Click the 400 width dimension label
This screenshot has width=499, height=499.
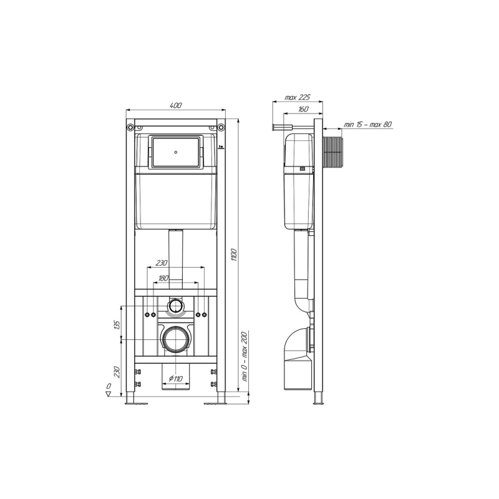(176, 105)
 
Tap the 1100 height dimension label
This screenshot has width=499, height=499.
(234, 255)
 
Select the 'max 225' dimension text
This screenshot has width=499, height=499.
(298, 97)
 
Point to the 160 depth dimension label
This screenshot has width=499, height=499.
(303, 109)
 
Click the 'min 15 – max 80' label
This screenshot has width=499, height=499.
(367, 124)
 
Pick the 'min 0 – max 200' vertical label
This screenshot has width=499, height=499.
(245, 356)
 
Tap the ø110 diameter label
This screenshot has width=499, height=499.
(176, 379)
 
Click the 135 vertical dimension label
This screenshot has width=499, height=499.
(117, 325)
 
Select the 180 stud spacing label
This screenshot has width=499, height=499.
(163, 278)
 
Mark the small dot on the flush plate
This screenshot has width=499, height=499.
(176, 152)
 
